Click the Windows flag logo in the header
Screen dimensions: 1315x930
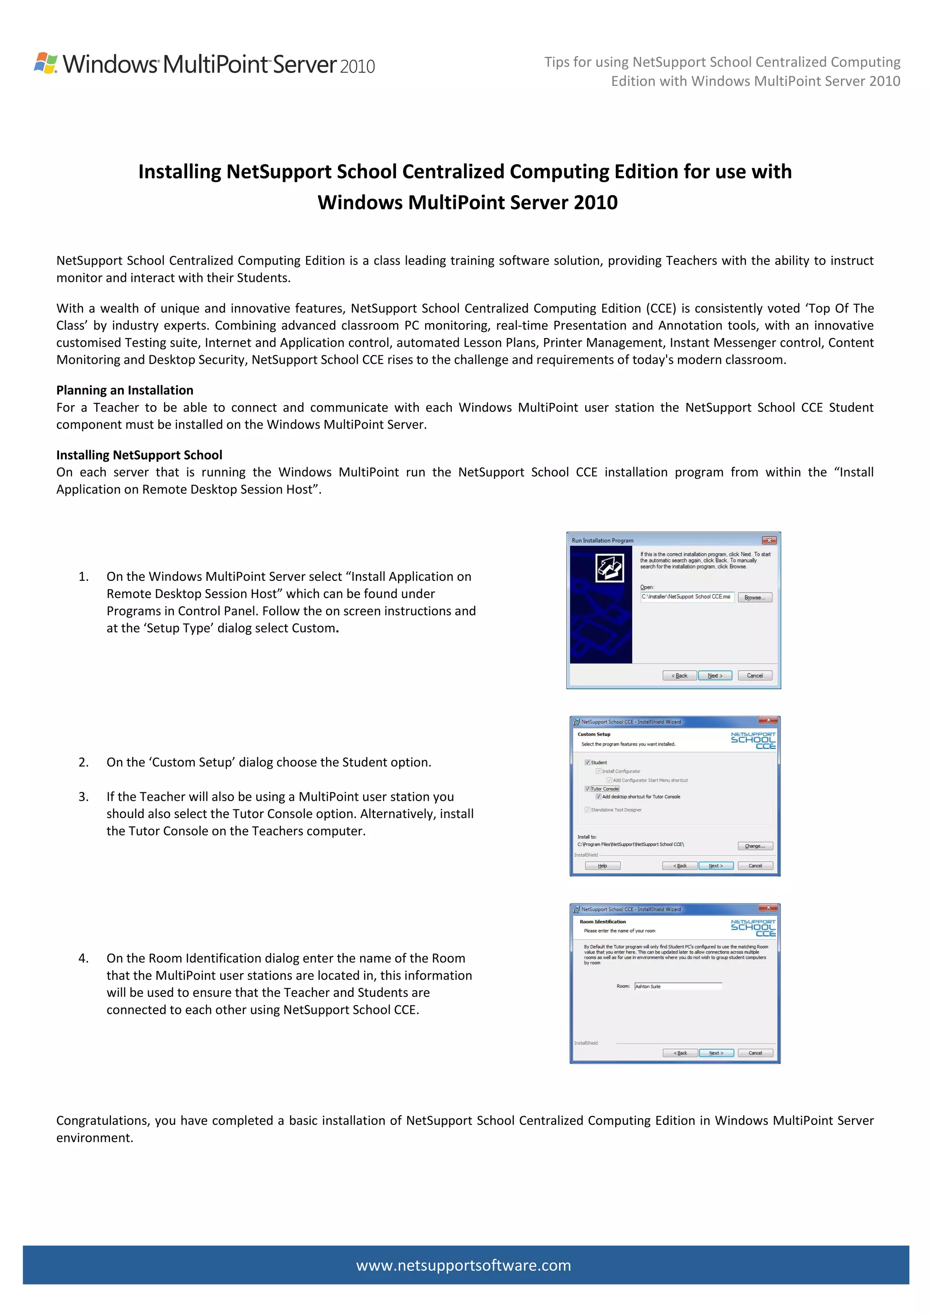click(x=46, y=63)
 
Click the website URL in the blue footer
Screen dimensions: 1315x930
click(x=463, y=1265)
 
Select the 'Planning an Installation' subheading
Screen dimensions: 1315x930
click(x=124, y=390)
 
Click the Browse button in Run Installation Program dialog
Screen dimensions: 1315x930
click(x=754, y=597)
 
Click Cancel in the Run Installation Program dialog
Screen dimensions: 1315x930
click(x=754, y=675)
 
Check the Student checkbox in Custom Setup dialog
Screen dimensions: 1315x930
click(x=587, y=762)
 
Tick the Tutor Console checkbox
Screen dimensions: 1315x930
click(x=587, y=789)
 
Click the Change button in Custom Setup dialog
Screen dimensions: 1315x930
click(x=755, y=846)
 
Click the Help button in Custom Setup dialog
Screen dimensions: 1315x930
click(x=602, y=865)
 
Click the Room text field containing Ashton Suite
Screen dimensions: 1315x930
click(x=678, y=986)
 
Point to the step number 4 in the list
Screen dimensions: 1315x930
click(x=84, y=958)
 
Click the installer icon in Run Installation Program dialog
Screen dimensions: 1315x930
click(x=609, y=568)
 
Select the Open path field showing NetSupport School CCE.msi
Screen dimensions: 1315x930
click(x=687, y=597)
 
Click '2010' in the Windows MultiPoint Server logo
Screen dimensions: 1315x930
click(x=357, y=66)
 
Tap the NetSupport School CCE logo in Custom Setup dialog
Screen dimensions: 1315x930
click(x=752, y=740)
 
